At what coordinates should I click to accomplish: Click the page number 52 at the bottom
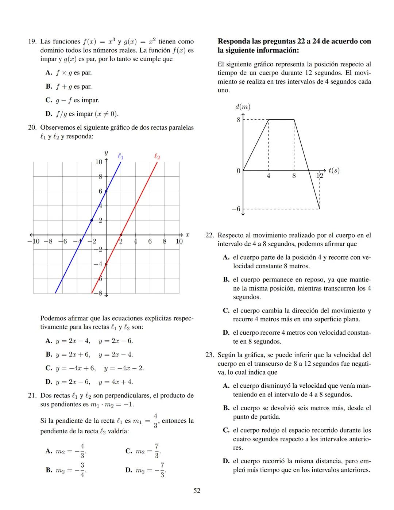click(197, 491)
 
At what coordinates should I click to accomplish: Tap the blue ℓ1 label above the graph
click(120, 156)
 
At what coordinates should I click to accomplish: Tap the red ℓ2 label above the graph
click(157, 156)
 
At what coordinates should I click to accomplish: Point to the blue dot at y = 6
click(106, 191)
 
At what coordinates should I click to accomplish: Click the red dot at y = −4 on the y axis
click(106, 264)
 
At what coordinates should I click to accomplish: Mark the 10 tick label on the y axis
click(99, 162)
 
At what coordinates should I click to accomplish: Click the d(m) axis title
click(243, 107)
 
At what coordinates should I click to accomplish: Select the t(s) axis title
click(334, 170)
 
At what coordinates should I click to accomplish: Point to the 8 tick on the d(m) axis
click(238, 120)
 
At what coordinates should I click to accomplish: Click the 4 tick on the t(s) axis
click(269, 176)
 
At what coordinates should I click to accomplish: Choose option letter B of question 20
click(49, 354)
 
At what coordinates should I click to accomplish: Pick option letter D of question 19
click(49, 114)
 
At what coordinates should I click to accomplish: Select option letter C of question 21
click(128, 451)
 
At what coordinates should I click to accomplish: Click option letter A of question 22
click(226, 257)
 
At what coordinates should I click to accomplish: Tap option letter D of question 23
click(226, 461)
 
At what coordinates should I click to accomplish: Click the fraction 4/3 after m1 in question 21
click(155, 421)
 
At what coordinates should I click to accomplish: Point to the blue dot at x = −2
click(92, 220)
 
